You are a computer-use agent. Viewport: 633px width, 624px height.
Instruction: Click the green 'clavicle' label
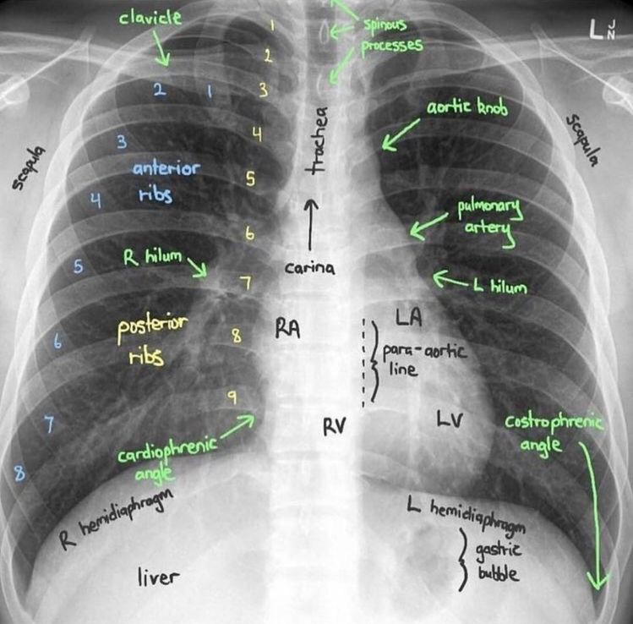(x=150, y=18)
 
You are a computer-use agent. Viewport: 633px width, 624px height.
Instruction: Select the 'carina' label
(x=309, y=268)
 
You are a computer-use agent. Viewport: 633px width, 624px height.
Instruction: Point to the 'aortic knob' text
(x=467, y=107)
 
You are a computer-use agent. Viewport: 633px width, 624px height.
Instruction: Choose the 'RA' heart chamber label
(x=288, y=329)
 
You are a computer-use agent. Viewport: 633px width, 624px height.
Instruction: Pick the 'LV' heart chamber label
(x=450, y=419)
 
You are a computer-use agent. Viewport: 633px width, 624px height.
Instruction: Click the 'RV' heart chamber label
(x=335, y=426)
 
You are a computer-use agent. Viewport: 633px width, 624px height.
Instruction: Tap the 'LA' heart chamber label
(x=408, y=316)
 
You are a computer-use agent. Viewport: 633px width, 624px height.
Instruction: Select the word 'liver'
(x=157, y=577)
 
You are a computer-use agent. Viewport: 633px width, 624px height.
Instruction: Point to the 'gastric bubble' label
(x=498, y=561)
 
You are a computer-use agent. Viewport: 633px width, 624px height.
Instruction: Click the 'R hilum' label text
(x=152, y=257)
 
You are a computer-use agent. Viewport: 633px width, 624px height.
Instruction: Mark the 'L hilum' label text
(x=500, y=286)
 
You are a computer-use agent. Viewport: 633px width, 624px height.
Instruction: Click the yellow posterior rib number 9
(x=232, y=397)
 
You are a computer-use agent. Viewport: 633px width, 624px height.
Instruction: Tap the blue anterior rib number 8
(x=19, y=473)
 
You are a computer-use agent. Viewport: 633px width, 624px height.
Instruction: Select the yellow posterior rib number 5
(x=251, y=178)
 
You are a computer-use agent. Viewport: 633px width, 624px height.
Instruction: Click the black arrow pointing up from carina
(x=310, y=225)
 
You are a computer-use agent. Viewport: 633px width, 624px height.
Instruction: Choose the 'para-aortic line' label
(x=425, y=359)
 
